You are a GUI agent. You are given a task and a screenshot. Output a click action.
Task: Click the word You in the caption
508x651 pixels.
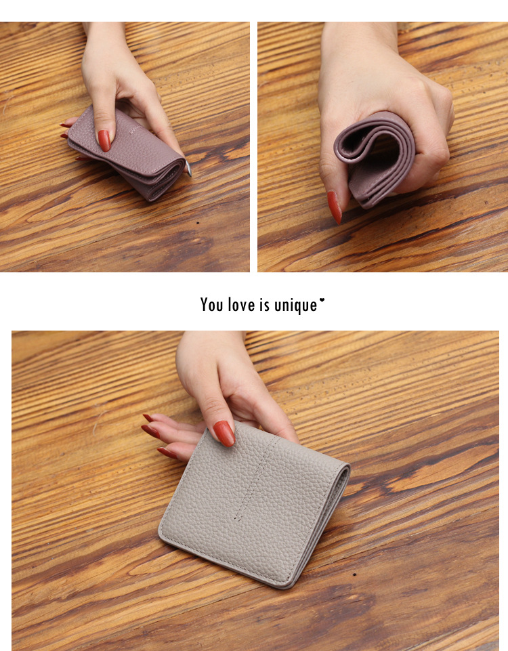211,305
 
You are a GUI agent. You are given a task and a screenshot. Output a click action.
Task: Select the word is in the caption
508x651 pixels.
265,305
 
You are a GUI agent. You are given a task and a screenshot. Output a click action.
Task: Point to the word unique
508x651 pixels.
296,306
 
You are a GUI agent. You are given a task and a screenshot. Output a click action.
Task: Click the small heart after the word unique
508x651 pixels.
322,300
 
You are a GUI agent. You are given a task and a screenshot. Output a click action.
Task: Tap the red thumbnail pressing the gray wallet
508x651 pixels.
224,433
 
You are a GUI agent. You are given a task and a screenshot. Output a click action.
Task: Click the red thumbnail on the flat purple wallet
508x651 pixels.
104,140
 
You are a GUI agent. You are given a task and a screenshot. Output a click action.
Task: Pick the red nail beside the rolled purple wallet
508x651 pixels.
334,207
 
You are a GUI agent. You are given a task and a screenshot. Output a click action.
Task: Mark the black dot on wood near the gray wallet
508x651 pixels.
354,574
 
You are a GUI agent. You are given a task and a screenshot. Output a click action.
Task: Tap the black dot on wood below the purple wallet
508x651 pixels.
198,223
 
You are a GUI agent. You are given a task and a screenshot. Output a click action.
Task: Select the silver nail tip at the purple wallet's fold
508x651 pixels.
188,168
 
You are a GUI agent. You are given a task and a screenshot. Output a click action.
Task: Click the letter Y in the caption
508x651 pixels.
204,305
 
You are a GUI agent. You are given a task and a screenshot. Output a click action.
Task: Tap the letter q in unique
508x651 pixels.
299,308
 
